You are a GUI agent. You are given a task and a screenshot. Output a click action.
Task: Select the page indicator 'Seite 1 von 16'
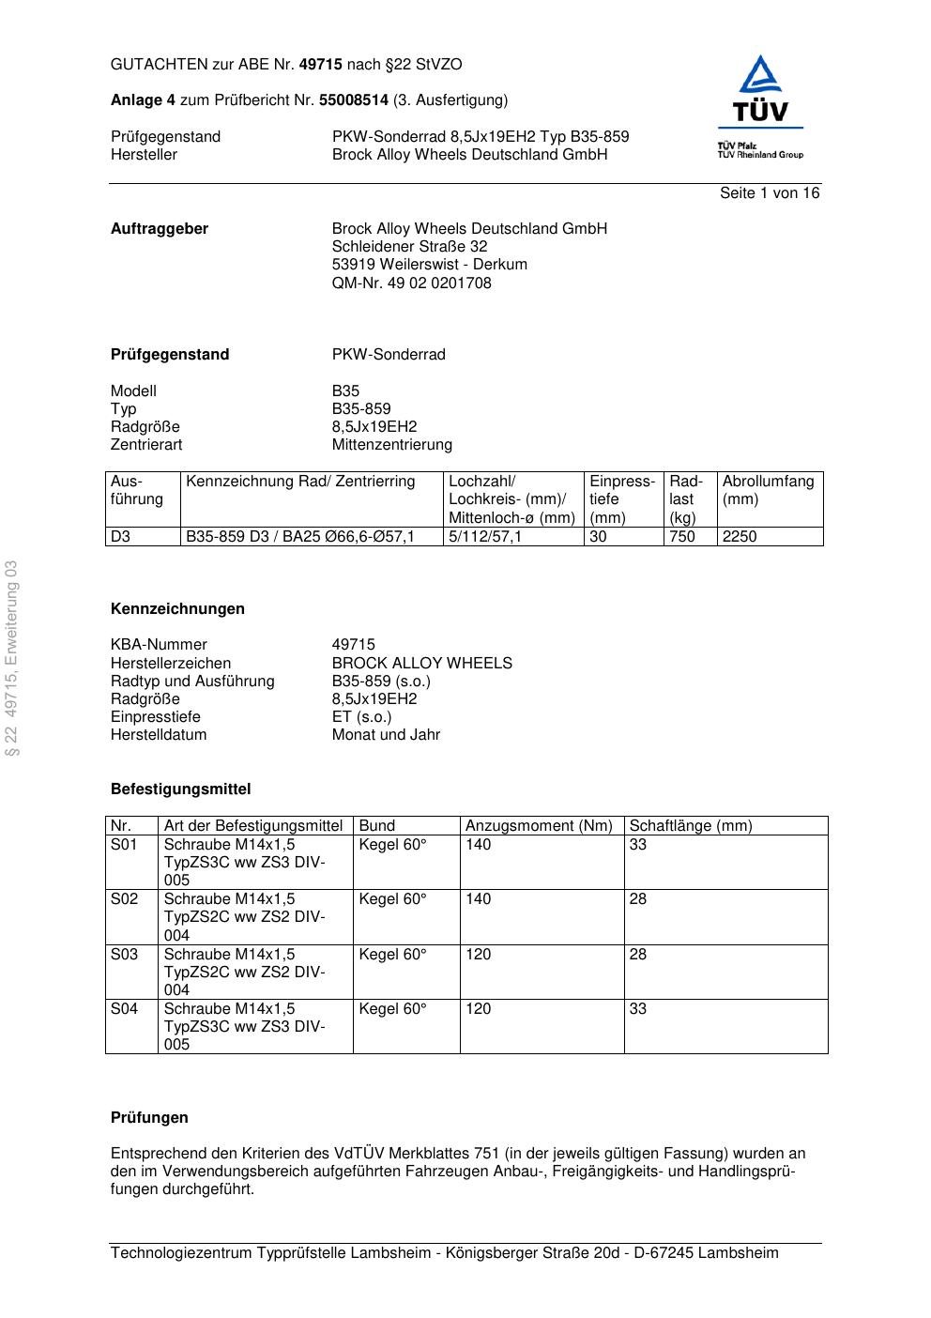point(770,193)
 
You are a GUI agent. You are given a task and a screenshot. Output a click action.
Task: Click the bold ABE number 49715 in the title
point(320,65)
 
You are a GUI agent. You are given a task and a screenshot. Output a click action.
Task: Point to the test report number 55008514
point(354,100)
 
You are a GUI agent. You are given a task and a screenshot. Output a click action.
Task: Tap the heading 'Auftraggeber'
point(160,229)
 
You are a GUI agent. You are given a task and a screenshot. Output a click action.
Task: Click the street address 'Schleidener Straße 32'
point(409,247)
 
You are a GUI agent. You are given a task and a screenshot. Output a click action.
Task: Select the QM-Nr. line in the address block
point(411,284)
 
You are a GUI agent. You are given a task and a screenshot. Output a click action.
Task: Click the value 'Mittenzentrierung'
point(391,445)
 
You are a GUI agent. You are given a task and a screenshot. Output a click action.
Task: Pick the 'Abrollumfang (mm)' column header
point(768,490)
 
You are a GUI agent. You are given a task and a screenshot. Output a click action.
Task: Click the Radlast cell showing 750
point(682,537)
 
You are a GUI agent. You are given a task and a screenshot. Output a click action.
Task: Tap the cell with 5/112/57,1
point(485,537)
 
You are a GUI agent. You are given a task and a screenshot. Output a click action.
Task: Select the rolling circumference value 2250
point(740,537)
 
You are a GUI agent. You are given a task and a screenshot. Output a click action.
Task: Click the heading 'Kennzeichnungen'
point(177,609)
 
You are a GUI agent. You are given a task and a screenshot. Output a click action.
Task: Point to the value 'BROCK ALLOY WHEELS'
point(421,664)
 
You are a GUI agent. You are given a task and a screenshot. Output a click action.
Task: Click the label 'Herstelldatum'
point(159,735)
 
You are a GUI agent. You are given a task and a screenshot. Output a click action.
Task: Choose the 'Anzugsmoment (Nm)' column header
point(539,826)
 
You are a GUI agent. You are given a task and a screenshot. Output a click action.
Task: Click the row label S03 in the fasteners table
point(125,955)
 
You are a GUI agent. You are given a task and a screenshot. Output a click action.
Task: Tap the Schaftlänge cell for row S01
point(638,845)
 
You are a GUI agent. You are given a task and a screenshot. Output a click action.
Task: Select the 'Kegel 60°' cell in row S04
point(392,1009)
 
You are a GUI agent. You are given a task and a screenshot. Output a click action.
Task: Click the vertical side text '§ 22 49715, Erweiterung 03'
point(12,658)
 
